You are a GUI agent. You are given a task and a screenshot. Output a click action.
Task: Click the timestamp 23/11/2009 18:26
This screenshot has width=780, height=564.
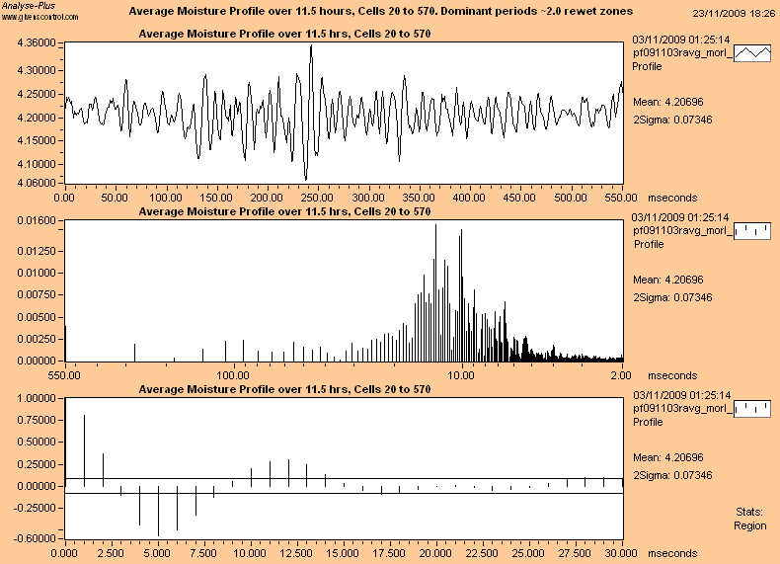coord(733,13)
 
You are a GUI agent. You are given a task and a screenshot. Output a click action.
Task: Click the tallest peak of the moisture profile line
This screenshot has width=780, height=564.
coord(311,46)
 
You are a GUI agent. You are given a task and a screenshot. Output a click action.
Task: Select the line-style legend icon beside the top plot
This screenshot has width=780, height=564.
coord(753,54)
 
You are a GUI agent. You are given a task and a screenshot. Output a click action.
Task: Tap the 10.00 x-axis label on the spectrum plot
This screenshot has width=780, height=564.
coord(462,375)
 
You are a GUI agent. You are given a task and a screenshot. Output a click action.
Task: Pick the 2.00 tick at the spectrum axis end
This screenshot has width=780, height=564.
coord(622,375)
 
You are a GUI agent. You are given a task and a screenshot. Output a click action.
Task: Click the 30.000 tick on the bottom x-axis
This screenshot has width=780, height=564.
coord(622,553)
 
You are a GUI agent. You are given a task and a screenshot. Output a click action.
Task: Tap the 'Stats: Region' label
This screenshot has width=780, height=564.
coord(749,520)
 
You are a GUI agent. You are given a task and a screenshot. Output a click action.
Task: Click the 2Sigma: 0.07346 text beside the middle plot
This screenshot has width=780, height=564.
coord(670,298)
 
